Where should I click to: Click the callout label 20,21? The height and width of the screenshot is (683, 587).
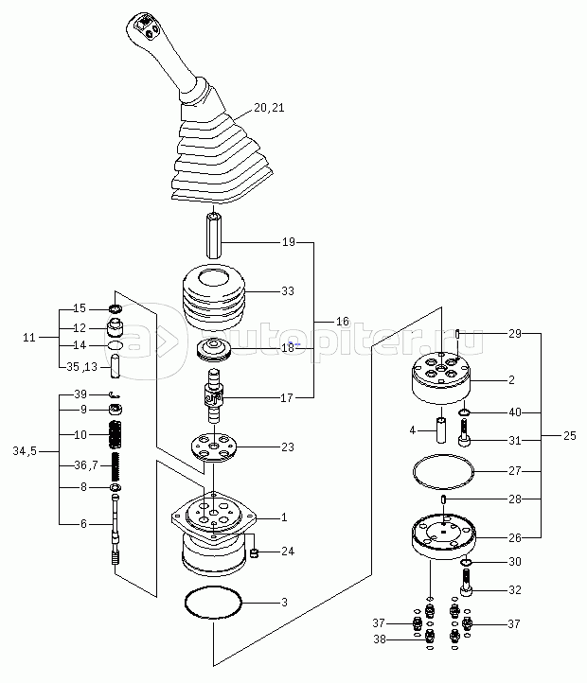click(x=269, y=109)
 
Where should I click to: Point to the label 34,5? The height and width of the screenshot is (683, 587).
click(x=26, y=451)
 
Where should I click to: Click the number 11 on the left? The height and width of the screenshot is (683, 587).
click(x=30, y=337)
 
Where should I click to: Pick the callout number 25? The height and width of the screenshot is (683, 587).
click(x=569, y=438)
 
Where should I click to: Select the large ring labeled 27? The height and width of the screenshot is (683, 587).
click(x=444, y=469)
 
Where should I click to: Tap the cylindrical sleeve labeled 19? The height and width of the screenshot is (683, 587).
click(x=214, y=236)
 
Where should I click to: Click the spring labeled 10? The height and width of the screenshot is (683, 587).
click(x=116, y=435)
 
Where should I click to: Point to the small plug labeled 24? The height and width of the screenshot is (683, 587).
click(x=254, y=552)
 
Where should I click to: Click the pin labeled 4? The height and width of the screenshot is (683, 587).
click(x=440, y=430)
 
